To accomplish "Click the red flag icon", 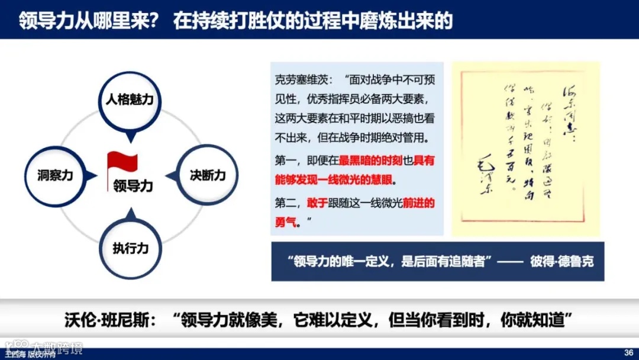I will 122,163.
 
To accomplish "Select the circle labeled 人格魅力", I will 130,99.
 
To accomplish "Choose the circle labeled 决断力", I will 208,175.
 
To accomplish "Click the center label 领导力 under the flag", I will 133,186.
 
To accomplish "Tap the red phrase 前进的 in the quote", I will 418,204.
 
